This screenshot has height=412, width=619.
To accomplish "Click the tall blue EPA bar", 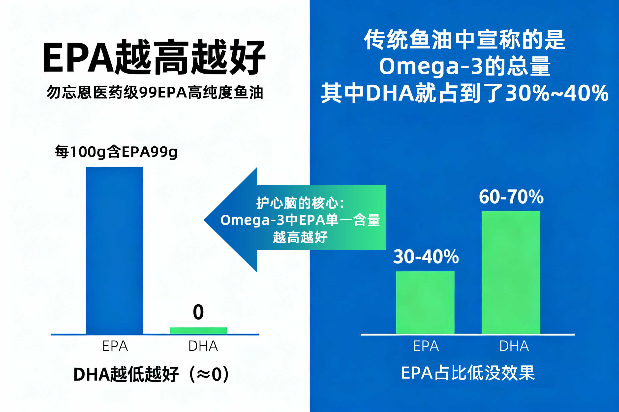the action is [115, 250].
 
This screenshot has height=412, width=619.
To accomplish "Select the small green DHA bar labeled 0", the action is [198, 331].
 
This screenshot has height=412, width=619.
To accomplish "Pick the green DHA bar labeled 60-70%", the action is [511, 272].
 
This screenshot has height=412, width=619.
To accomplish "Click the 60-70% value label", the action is [511, 197].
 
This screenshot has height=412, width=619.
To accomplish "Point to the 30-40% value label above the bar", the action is [426, 257].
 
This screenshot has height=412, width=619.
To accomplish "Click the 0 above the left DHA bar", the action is [198, 312].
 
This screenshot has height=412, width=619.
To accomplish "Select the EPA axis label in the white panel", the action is [115, 346].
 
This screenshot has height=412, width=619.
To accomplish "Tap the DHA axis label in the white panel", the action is [203, 346].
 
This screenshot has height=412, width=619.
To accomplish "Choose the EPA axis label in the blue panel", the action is [426, 346].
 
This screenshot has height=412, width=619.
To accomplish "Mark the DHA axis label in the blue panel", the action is [514, 346].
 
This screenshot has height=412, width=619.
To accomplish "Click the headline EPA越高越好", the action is [155, 57].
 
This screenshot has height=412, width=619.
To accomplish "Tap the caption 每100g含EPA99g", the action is [116, 152].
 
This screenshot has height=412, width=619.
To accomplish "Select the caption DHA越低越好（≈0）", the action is [151, 374].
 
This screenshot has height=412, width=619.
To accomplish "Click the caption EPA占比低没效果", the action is [468, 373].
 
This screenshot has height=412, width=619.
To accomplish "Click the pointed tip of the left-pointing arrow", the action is [204, 220].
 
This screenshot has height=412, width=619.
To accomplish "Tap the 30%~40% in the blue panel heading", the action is [557, 93].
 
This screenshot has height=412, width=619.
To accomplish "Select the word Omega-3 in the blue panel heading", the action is [431, 66].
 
